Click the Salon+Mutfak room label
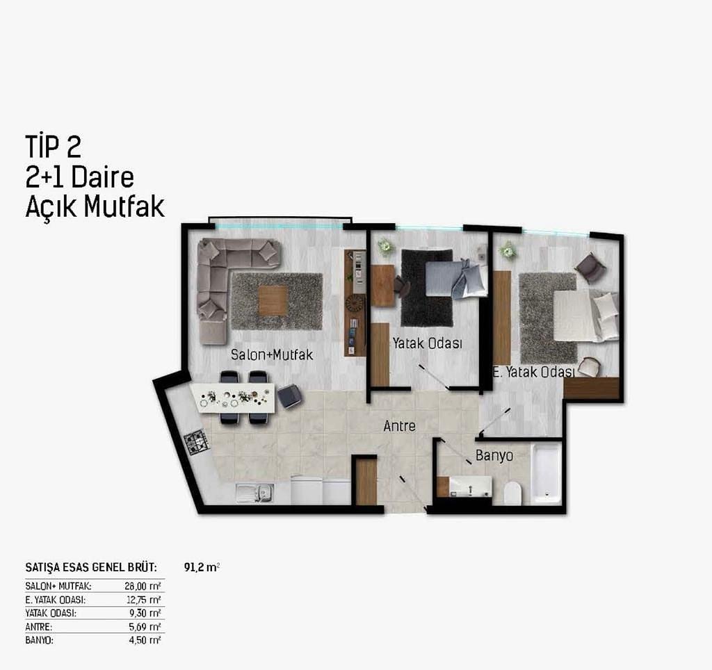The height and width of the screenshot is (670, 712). click(272, 354)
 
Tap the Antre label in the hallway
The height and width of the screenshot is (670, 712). click(400, 426)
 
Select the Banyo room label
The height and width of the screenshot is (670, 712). click(494, 455)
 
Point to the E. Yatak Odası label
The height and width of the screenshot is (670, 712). click(534, 373)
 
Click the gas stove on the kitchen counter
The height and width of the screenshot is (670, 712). click(196, 442)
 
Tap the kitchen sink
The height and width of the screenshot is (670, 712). click(254, 493)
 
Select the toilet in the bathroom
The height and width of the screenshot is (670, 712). click(512, 493)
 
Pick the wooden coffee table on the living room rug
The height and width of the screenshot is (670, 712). click(273, 300)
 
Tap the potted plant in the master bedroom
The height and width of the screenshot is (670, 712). click(507, 250)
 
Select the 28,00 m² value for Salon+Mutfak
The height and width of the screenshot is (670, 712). click(143, 586)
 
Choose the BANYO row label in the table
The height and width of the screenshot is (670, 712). click(39, 641)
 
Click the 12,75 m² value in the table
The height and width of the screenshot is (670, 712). click(144, 600)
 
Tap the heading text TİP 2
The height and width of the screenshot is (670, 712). click(53, 146)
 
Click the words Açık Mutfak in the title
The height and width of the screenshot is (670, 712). click(95, 207)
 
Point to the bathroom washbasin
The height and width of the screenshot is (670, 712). click(471, 487)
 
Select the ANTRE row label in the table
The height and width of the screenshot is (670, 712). click(39, 627)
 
